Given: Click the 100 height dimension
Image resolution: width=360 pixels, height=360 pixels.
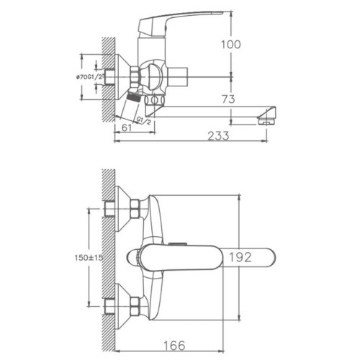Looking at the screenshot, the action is tap(230, 45).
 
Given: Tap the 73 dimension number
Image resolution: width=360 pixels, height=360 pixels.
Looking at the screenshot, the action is tap(228, 99).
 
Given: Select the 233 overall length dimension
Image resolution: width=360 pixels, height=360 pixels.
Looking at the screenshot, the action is tap(218, 136).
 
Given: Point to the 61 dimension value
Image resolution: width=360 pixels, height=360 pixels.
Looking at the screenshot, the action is tap(127, 127).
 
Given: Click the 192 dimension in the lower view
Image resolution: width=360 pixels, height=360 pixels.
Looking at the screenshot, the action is tap(240, 257).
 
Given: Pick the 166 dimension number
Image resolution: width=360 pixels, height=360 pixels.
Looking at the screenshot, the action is tap(174, 346).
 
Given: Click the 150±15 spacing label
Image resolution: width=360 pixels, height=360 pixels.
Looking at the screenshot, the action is tap(89, 258).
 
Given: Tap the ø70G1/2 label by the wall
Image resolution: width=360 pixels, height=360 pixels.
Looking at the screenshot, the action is tap(89, 77).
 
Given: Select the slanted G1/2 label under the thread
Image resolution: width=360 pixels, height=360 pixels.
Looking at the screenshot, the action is tap(143, 120).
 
